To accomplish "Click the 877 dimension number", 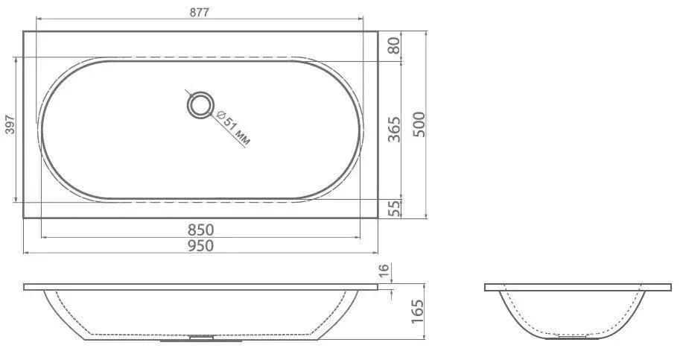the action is pos(199,13).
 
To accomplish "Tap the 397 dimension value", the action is pos(10,124).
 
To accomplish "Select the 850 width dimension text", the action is pos(201,230).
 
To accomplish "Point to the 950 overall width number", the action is pos(201,245).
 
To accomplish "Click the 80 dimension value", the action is pos(394,45).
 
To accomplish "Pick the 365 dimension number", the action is pos(394,129).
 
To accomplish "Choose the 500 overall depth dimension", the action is pos(419,124).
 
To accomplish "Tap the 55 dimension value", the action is pos(394,209).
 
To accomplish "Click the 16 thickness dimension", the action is pos(384,271).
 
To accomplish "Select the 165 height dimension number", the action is pos(417,311).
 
